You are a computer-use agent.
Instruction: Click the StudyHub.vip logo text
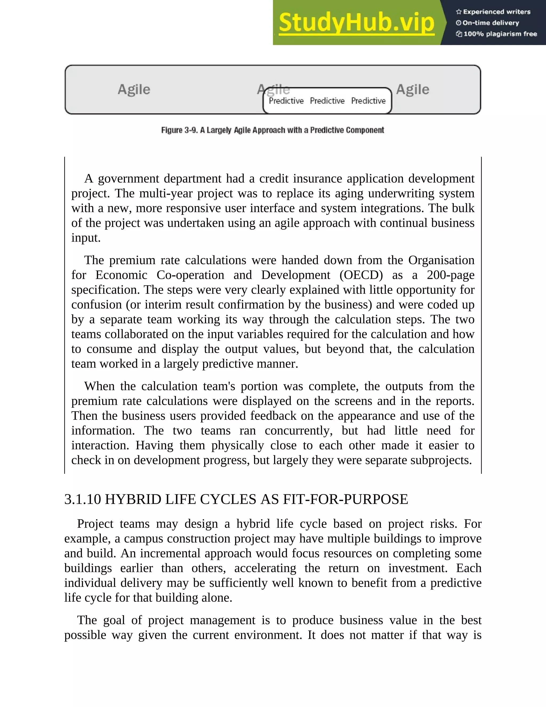tap(356, 23)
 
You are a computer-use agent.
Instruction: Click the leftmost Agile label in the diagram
tap(134, 89)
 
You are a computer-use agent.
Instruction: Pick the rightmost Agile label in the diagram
tap(412, 89)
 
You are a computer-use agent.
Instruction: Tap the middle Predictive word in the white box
tap(327, 101)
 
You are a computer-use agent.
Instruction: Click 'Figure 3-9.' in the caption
tap(179, 130)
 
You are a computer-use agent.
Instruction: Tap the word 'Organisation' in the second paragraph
tap(441, 260)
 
